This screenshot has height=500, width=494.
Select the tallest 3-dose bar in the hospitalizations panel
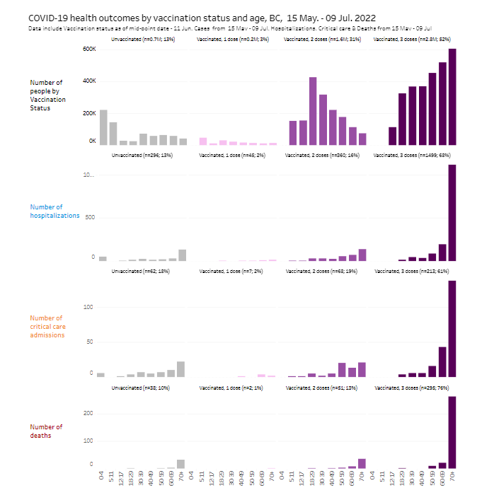tap(452, 213)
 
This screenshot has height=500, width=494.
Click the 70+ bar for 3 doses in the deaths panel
tap(452, 432)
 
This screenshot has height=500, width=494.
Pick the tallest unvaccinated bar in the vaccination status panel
tap(103, 127)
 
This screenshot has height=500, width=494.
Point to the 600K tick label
tap(88, 49)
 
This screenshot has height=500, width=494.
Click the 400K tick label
tap(88, 81)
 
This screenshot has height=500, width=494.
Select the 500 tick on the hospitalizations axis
tap(90, 217)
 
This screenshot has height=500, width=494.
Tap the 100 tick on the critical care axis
tap(90, 307)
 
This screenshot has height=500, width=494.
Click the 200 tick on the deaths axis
tap(90, 413)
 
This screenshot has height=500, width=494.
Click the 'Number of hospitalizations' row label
tap(54, 211)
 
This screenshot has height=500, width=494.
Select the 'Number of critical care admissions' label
tap(47, 327)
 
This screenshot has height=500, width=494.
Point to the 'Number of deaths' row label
tap(46, 431)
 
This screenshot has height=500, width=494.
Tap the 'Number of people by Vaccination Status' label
tap(47, 95)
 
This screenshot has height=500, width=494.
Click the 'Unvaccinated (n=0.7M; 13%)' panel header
tap(144, 40)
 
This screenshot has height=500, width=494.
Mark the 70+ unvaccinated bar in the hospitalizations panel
tap(182, 255)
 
